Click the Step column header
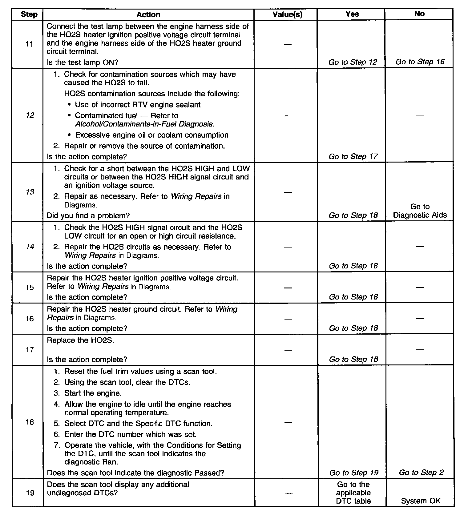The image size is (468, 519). point(29,14)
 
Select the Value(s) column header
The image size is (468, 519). point(287,14)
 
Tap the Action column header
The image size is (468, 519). point(148,14)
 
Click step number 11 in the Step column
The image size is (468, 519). point(29,44)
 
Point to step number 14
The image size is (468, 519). point(30,247)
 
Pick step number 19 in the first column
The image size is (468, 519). point(30,493)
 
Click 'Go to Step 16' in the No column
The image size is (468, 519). point(420,62)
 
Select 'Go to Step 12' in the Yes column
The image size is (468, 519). point(353,62)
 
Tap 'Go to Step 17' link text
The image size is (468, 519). point(353,156)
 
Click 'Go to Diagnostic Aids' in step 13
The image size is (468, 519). point(420,211)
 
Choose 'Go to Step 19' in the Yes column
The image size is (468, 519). point(353,473)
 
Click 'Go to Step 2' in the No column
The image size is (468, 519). point(421,473)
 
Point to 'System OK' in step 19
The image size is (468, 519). point(421,501)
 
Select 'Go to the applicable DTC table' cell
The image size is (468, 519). point(353,493)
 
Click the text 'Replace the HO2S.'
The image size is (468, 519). point(80,340)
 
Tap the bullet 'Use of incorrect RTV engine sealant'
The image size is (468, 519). point(138,105)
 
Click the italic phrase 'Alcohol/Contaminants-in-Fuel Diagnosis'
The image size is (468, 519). point(144,124)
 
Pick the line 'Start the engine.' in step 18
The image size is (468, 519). point(93,393)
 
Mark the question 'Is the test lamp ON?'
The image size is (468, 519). point(83,62)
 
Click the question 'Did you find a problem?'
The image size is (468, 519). point(88,215)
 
